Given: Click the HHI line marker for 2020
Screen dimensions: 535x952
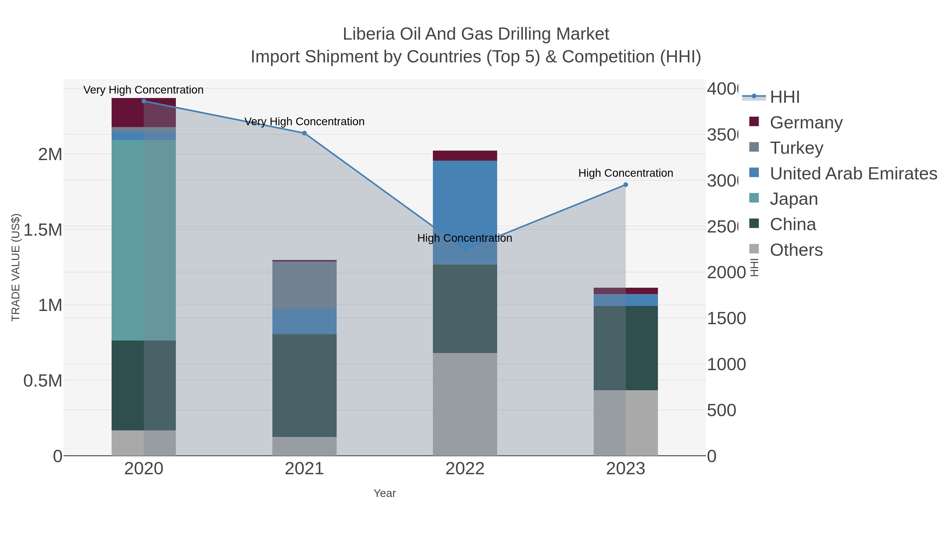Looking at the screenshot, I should pos(144,101).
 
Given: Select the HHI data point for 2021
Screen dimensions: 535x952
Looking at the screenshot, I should pos(304,133).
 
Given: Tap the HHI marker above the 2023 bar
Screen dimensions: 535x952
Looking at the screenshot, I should pos(625,185).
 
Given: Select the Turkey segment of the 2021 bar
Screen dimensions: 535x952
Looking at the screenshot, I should pos(304,285).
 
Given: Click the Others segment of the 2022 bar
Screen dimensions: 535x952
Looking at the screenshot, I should pos(465,404).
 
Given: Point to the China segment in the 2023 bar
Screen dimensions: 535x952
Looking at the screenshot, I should pos(625,348).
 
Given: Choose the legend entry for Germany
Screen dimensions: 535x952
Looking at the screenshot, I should pos(806,122).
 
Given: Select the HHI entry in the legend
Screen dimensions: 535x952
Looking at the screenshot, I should pos(784,97).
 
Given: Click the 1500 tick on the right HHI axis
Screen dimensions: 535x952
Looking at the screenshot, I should pos(726,319).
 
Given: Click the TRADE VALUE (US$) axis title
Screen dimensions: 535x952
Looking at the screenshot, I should pos(16,267).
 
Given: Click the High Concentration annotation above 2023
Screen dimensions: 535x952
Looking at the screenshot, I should pos(625,173).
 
